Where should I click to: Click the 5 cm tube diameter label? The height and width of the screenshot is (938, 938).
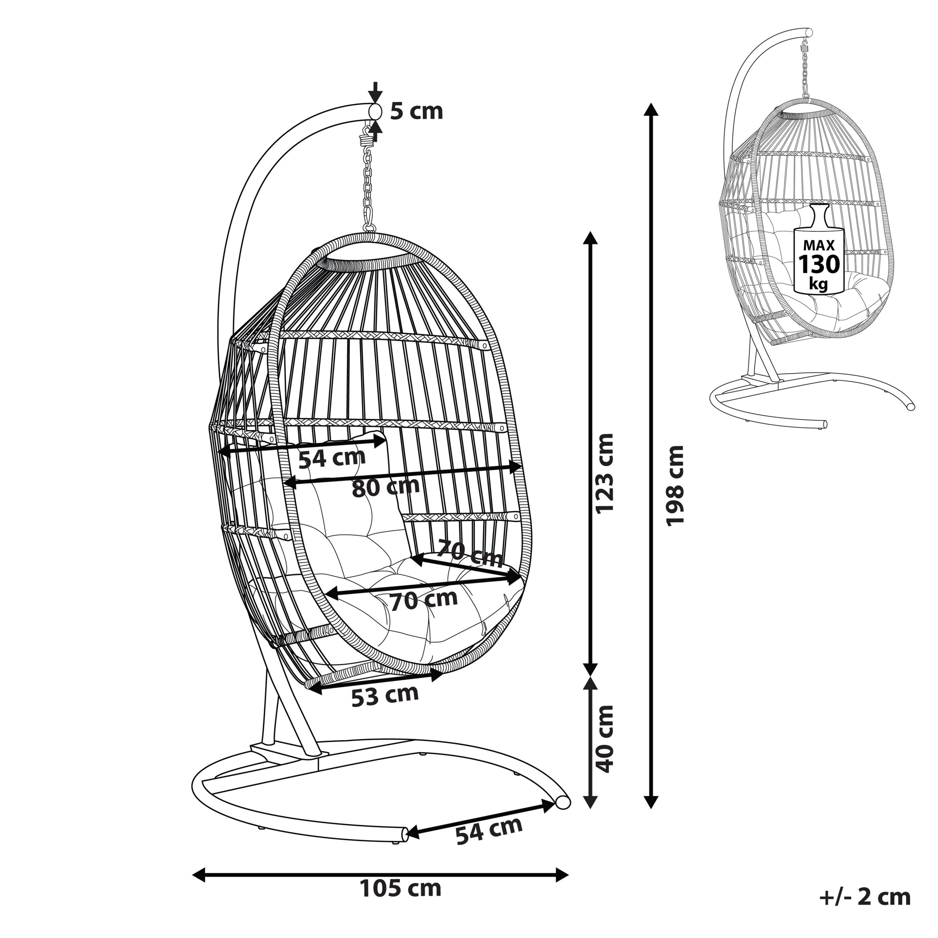(x=417, y=111)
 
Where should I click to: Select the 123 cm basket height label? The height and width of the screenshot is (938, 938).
(x=605, y=473)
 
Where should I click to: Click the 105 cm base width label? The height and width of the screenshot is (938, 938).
(x=400, y=889)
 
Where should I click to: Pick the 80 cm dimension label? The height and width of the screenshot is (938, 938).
(x=386, y=487)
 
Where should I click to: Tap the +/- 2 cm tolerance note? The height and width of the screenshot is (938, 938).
(x=865, y=897)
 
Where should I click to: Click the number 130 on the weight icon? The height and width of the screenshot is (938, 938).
(x=819, y=265)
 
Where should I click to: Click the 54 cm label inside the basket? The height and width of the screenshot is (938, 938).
(x=332, y=458)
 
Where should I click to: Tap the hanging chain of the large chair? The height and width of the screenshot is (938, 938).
(x=369, y=189)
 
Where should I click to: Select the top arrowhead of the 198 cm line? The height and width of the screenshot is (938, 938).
(x=651, y=109)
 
